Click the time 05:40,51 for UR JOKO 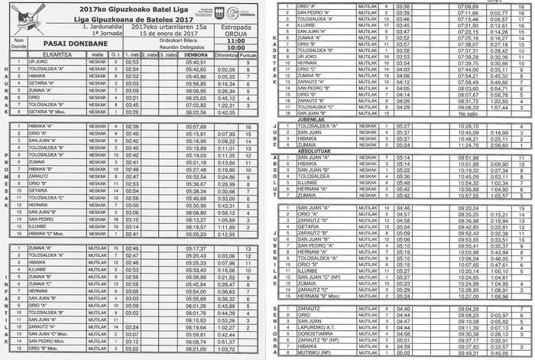[x=196, y=62]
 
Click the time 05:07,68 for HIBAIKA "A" [x=196, y=126]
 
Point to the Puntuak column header [x=248, y=55]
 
